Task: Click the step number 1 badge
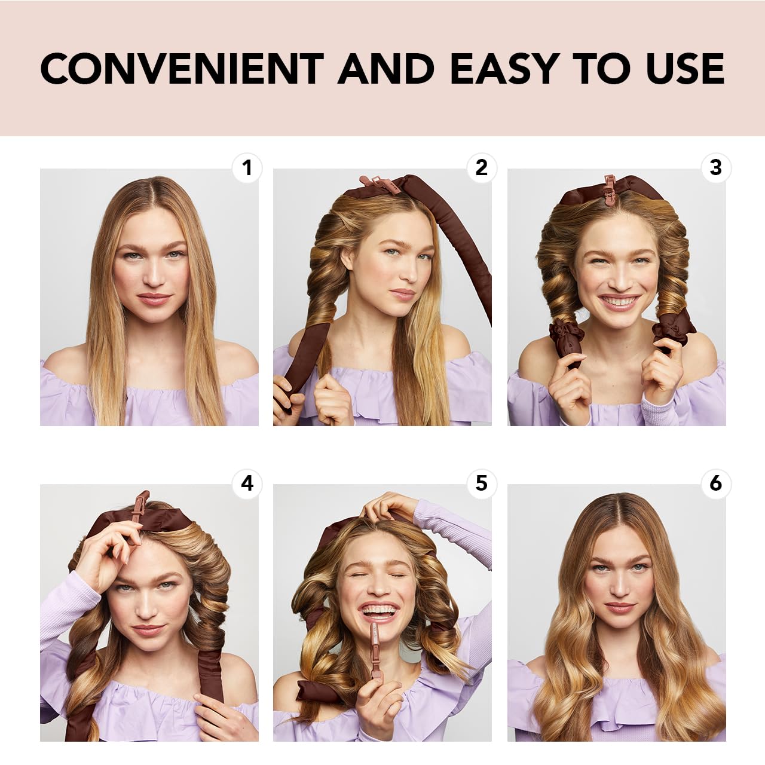point(247,168)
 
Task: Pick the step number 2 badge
point(482,168)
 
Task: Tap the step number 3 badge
point(716,168)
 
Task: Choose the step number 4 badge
point(247,483)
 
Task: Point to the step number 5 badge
point(482,483)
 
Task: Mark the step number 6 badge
point(716,483)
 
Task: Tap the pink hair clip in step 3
point(610,187)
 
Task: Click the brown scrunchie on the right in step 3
point(672,331)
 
